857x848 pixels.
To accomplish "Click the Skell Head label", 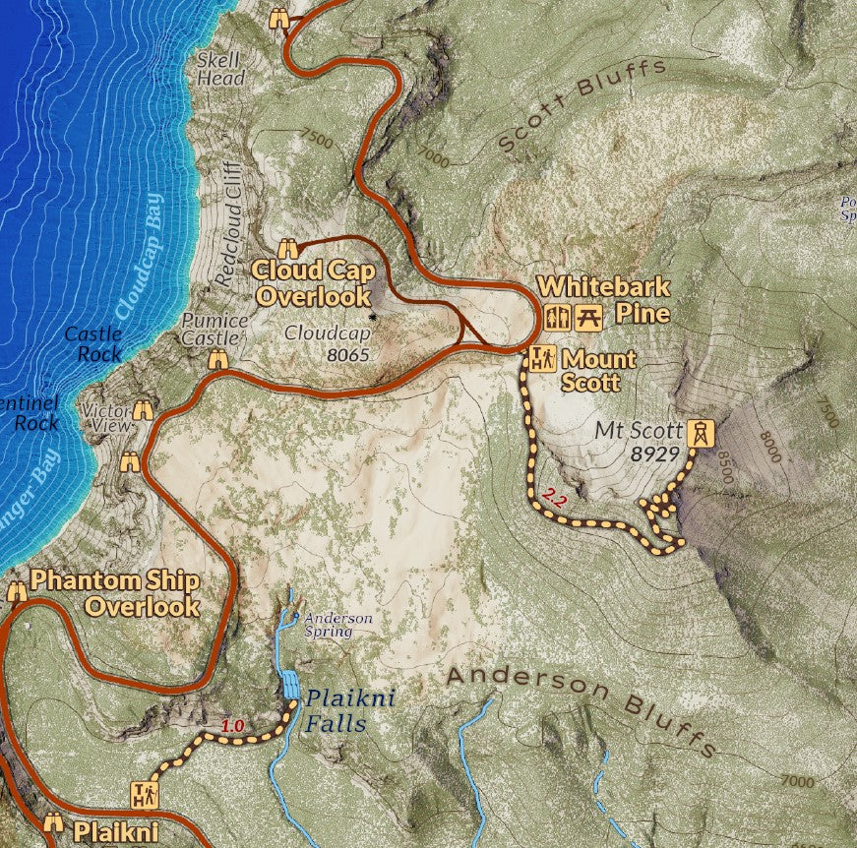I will tap(220, 68).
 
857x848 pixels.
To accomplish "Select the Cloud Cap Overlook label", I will tap(312, 281).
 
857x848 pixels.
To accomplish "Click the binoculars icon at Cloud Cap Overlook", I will tap(288, 249).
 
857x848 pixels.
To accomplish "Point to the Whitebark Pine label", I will tap(604, 300).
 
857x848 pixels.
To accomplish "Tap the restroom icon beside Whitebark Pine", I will tap(557, 318).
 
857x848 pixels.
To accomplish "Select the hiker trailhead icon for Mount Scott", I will tap(541, 359).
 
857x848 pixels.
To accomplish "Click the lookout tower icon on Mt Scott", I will tap(700, 433).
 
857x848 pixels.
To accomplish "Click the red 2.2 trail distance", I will tap(554, 499).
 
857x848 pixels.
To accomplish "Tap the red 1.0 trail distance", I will tap(232, 726).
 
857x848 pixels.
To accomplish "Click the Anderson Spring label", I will tap(338, 625).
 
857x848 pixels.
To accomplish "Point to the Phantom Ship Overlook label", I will tap(115, 592).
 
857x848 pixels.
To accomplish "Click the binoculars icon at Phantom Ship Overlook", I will tap(17, 590).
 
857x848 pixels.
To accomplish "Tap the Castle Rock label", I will tap(93, 343).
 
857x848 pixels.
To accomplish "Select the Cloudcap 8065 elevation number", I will tap(343, 353).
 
